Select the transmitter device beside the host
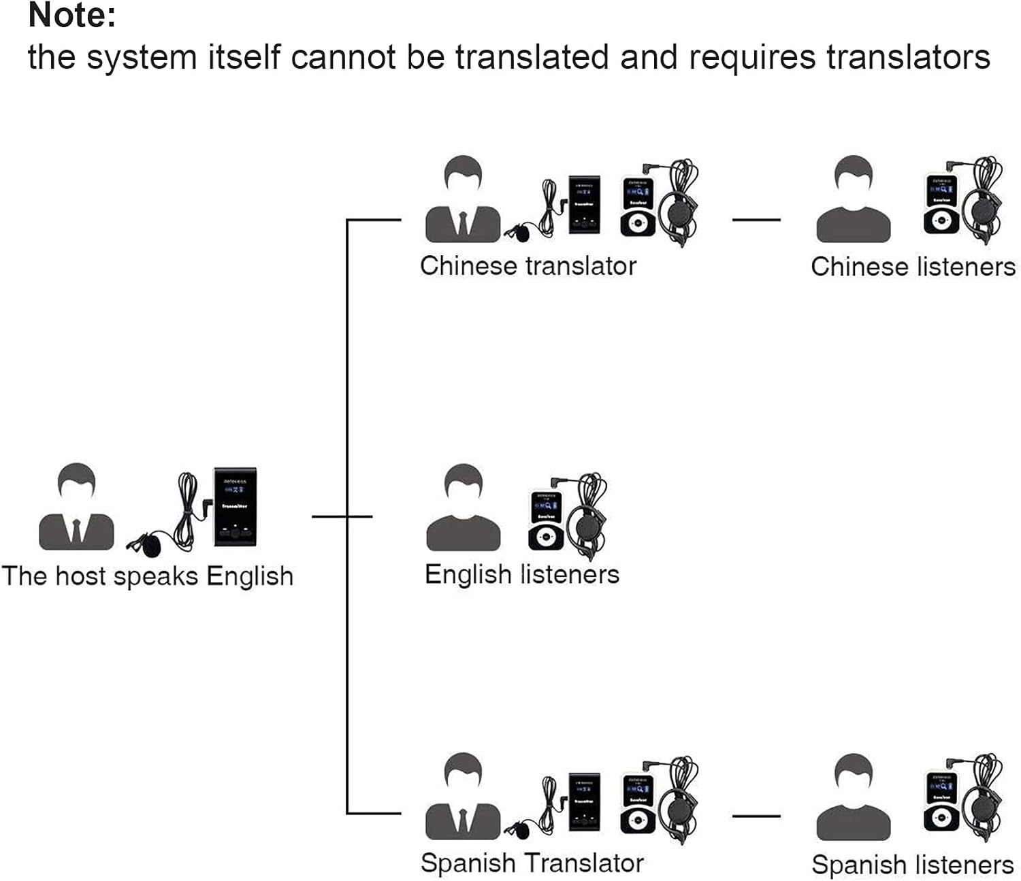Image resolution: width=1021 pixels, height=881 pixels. [235, 507]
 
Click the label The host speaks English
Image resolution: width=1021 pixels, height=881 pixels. [148, 576]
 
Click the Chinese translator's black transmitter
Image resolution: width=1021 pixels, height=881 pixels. [584, 204]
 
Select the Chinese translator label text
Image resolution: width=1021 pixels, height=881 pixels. [528, 266]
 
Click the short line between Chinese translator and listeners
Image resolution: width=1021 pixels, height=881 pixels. [756, 220]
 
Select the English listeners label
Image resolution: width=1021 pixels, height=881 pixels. [522, 575]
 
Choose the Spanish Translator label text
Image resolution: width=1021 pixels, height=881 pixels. [532, 863]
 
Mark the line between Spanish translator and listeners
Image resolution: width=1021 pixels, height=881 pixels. [756, 816]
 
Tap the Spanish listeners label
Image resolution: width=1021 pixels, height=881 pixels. [912, 865]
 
